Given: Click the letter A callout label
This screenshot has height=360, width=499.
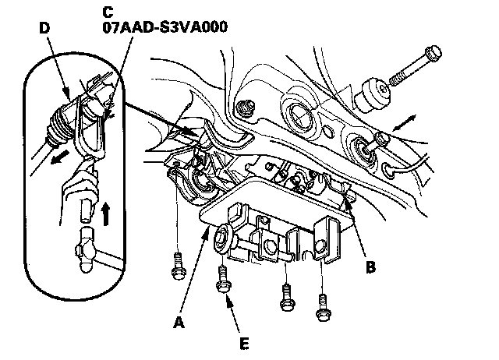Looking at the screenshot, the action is point(179,323).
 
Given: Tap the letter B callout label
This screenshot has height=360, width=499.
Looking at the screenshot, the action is point(370,267).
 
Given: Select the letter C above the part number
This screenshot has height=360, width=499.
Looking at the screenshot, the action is point(108,12).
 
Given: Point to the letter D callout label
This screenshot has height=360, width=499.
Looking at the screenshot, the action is point(44,28).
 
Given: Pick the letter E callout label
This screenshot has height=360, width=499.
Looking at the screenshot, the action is point(244,344).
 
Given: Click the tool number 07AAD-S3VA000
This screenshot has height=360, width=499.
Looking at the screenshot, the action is point(165,26).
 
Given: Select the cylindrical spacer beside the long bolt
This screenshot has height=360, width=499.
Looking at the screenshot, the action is point(372,95).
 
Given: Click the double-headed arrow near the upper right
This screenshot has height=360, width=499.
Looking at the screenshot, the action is point(404,123).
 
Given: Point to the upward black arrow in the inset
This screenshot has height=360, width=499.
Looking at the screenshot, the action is point(106,214).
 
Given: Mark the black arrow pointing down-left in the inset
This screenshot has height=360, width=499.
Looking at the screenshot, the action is point(60,157).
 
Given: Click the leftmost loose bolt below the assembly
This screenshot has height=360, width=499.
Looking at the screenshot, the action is point(179,266).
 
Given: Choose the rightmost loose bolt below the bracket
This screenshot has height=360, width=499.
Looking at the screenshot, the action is point(324,307).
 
